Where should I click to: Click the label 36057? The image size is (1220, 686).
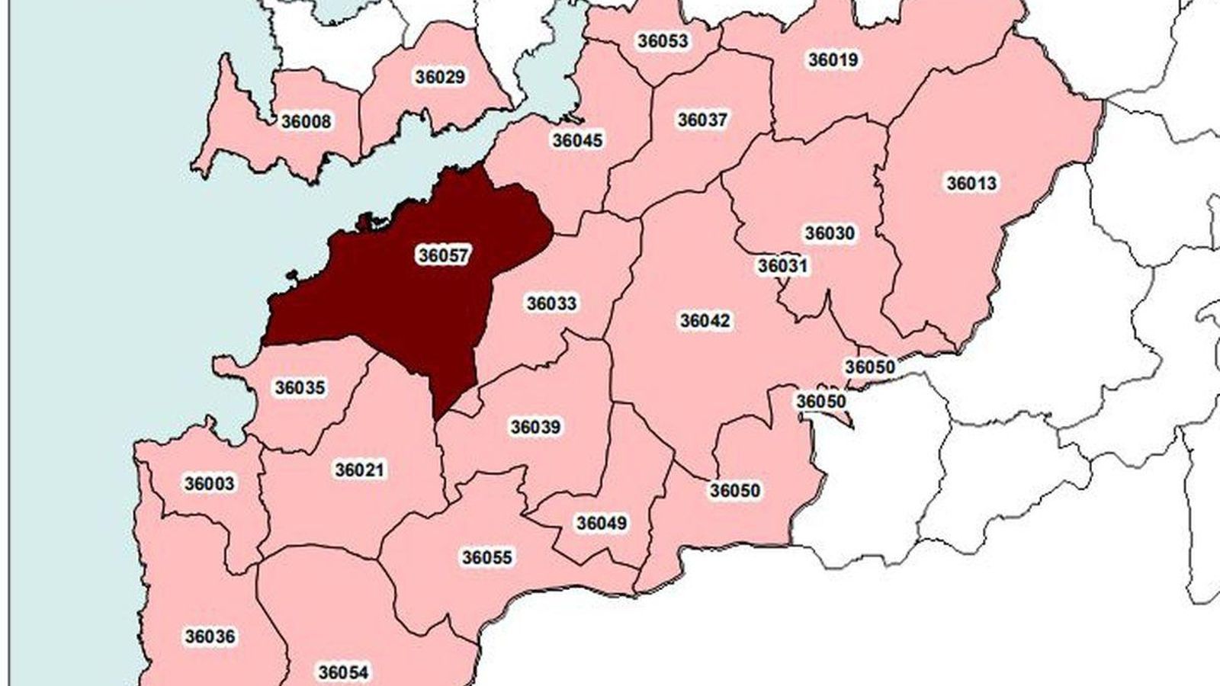(x=443, y=255)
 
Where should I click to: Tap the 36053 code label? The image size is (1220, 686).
(x=663, y=40)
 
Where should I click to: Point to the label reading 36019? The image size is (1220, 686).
(x=833, y=59)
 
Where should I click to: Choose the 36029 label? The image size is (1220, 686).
(x=440, y=77)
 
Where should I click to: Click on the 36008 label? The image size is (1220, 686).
(x=306, y=121)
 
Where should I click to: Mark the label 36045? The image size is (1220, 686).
(x=577, y=140)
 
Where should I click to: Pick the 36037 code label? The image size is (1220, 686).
(x=702, y=120)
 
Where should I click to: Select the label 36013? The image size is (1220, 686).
(x=971, y=183)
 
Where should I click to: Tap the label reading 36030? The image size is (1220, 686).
(x=830, y=232)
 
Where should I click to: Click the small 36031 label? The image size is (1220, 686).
(x=782, y=266)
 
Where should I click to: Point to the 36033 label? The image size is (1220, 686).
(x=551, y=303)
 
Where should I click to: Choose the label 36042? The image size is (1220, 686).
(x=705, y=321)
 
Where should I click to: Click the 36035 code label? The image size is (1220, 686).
(x=300, y=387)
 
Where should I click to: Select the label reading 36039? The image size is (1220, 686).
(x=535, y=427)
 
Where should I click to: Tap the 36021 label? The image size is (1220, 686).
(x=360, y=470)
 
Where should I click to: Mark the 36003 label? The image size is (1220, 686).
(x=209, y=483)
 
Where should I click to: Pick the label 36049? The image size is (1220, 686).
(x=602, y=523)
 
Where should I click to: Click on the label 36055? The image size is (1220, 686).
(x=487, y=557)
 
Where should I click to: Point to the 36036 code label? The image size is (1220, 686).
(x=210, y=636)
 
